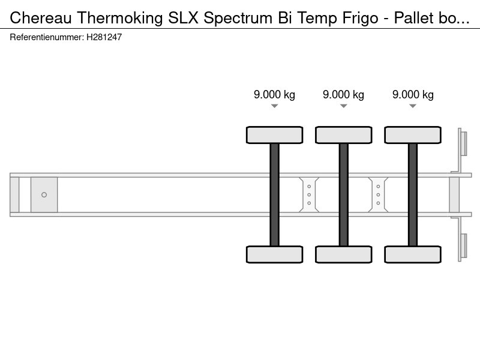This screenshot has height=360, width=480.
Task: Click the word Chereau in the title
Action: coord(41,18)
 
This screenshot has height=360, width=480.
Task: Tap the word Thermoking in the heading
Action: coord(119,18)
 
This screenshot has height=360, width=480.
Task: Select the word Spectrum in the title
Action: coord(238,19)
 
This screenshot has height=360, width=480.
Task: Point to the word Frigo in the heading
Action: coord(361,19)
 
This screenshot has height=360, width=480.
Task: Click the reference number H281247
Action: coord(104,37)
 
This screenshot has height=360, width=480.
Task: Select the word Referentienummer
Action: coord(47,37)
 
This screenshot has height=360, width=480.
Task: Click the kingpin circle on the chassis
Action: coord(44,194)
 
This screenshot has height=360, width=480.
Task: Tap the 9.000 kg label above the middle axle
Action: coord(343,95)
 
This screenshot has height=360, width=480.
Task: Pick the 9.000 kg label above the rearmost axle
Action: coord(413,95)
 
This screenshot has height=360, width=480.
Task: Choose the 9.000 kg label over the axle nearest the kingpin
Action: coord(274,95)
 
